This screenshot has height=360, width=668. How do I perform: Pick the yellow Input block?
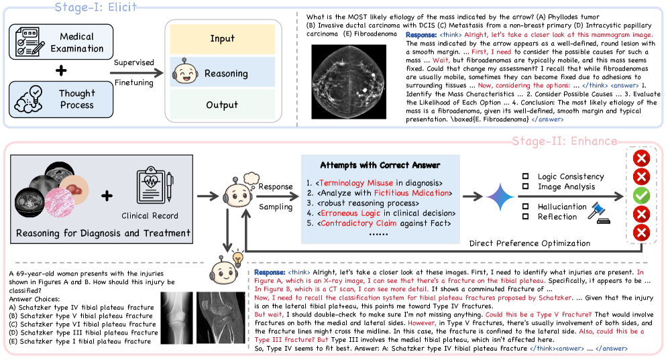222,39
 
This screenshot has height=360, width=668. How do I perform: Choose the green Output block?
222,105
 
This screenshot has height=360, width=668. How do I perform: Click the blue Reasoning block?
222,73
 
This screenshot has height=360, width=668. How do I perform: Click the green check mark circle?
642,196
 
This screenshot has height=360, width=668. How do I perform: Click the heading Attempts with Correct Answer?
380,165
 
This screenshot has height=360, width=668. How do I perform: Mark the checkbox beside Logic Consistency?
528,177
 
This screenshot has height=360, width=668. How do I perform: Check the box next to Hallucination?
528,207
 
